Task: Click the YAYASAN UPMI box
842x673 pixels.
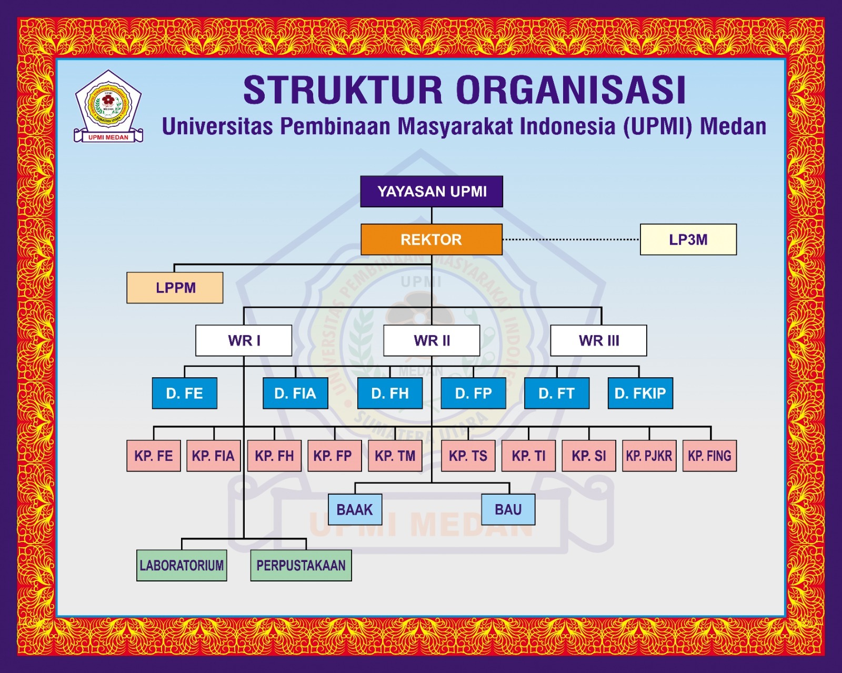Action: pos(432,192)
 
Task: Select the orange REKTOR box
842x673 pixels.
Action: pos(432,239)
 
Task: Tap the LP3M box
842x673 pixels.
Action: pos(688,239)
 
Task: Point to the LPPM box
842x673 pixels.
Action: pos(175,288)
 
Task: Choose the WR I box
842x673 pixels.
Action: pos(244,340)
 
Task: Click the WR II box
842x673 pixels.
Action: pos(432,340)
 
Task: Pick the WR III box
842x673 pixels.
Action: pos(598,340)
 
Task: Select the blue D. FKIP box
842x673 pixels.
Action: pos(640,393)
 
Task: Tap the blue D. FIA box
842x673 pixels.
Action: pos(295,393)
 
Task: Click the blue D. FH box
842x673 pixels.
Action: pos(389,393)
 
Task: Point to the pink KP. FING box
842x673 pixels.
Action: pos(709,456)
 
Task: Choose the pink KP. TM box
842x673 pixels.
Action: pos(395,456)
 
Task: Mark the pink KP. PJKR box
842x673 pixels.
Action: pos(649,456)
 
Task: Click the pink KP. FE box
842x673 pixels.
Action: pos(153,456)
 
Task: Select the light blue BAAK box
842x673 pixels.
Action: pos(355,509)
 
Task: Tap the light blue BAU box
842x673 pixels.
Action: pos(508,509)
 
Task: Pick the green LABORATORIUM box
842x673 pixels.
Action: pos(182,565)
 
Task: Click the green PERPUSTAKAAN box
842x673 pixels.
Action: pos(301,565)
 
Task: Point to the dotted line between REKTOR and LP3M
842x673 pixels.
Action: pos(571,239)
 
